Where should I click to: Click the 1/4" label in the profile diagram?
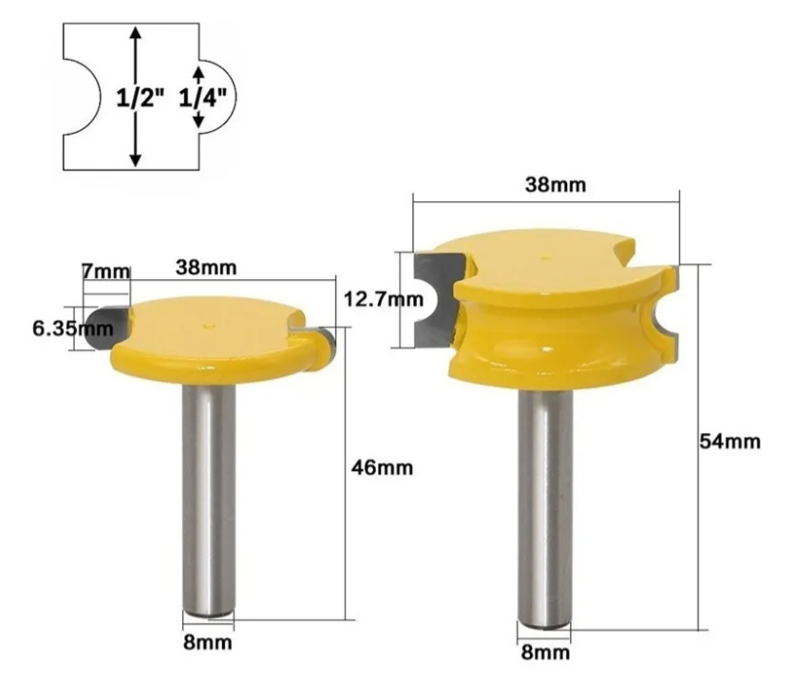point(202,97)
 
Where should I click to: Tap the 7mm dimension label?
point(105,272)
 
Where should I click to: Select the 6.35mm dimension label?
point(73,329)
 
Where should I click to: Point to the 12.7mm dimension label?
point(384,299)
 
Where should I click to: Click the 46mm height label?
point(382,468)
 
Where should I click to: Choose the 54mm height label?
point(729,442)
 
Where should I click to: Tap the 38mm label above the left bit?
point(206,267)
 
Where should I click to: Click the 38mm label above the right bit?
point(556,185)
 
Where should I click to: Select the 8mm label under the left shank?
point(208,642)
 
